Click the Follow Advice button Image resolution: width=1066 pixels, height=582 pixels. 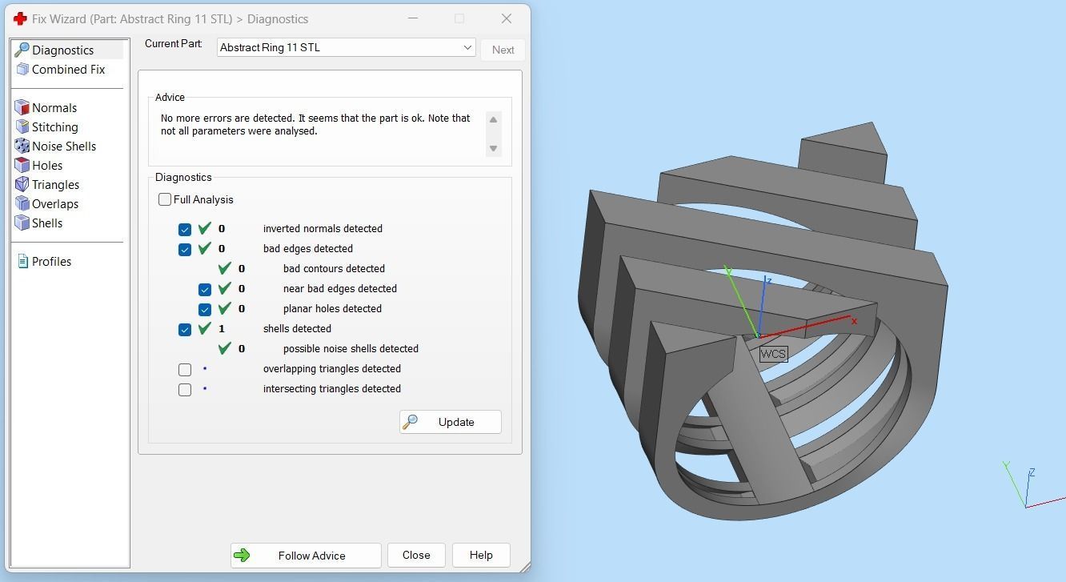coord(305,556)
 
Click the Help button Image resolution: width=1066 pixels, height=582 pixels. coord(481,555)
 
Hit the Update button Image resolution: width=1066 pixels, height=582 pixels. coord(451,422)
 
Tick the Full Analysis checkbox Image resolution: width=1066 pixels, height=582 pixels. coord(165,199)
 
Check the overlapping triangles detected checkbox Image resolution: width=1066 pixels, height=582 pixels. coord(185,369)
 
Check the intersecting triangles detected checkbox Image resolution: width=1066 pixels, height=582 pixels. coord(185,389)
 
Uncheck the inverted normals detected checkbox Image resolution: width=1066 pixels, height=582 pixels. coord(185,229)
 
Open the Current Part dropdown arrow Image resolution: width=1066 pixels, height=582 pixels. coord(467,48)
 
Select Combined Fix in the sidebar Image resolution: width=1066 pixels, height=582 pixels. coord(68,70)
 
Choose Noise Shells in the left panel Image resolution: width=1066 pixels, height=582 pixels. coord(63,147)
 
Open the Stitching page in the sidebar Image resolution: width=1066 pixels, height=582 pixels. coord(54,127)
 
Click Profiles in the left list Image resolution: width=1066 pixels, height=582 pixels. coord(51,262)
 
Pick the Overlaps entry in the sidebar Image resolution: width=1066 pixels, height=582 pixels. coord(54,204)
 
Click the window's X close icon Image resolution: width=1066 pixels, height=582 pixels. coord(506,18)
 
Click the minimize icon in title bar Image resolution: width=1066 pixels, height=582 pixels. coord(412,18)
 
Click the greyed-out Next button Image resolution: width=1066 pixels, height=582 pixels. coord(503,50)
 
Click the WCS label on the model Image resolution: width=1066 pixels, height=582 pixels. coord(773,354)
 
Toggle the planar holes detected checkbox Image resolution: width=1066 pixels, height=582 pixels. coord(205,309)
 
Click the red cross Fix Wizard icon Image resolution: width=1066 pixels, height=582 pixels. coord(21,18)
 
